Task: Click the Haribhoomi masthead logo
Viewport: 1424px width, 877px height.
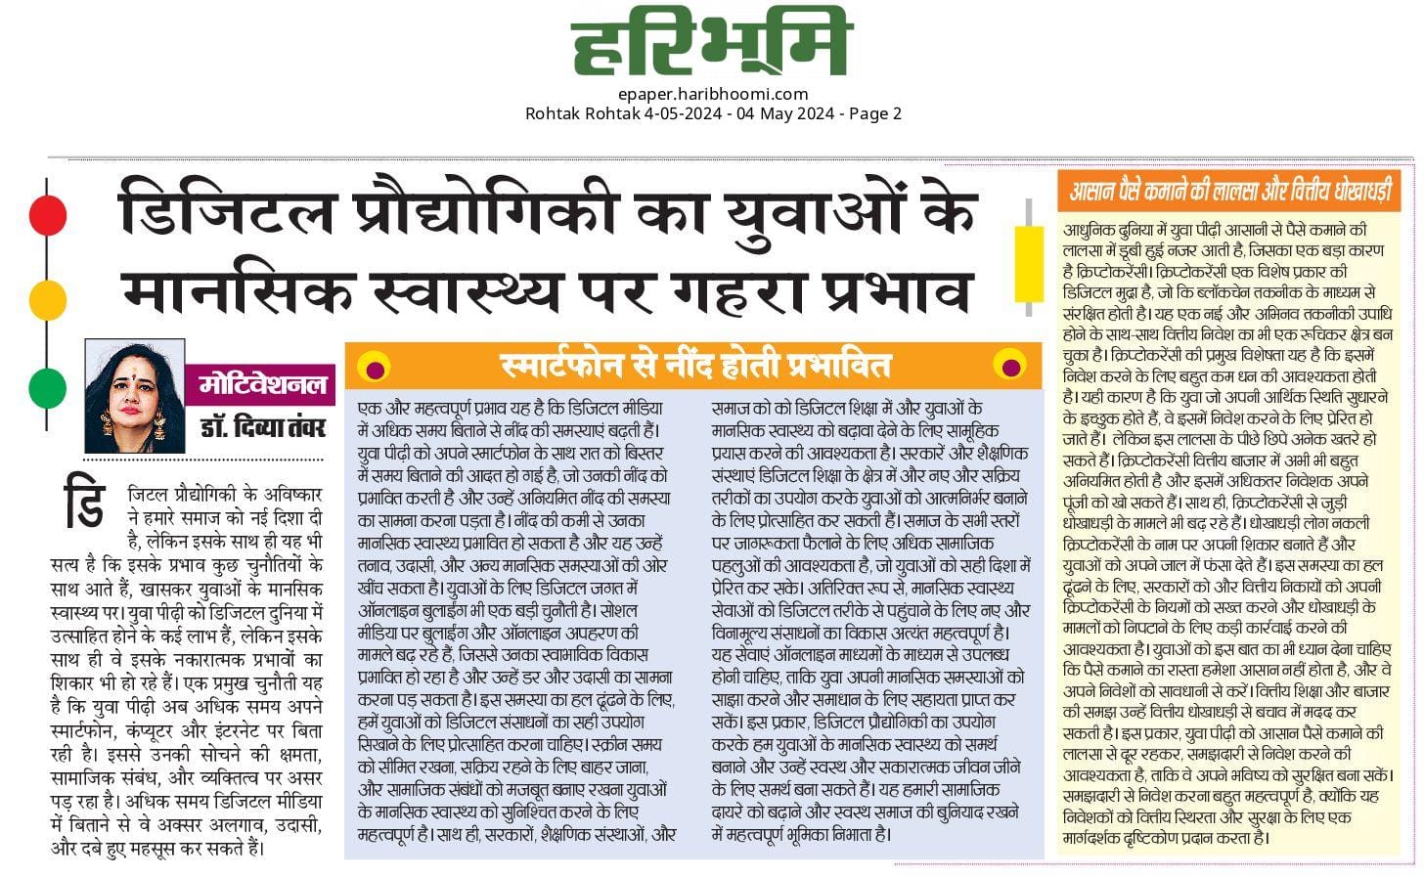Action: point(711,45)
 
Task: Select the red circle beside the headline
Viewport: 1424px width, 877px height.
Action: point(47,214)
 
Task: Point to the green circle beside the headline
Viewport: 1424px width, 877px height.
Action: point(47,387)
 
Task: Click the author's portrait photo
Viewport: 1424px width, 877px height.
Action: point(134,396)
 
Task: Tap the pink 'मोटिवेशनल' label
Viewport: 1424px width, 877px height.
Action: point(262,383)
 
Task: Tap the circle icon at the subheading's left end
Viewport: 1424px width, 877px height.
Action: point(374,367)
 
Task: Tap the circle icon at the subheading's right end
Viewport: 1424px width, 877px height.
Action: point(1009,367)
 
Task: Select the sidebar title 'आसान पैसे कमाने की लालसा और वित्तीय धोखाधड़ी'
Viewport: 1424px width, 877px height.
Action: point(1229,190)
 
